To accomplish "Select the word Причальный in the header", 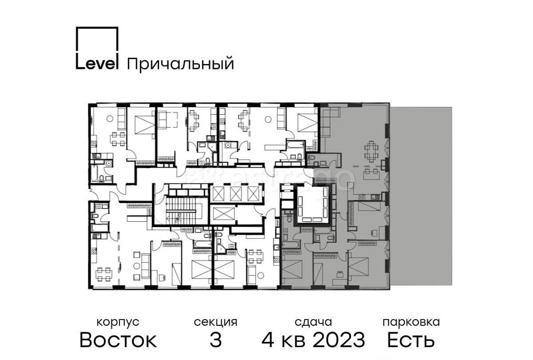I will tap(181, 65).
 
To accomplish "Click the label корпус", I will tap(118, 322).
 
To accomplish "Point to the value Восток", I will tap(118, 340).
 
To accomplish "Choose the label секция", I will tap(215, 322).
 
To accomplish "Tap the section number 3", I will tap(215, 340).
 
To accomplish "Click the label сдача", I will tap(313, 322).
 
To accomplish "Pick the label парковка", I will tap(411, 322).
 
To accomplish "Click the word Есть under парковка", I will tap(411, 340).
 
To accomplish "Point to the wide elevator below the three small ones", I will tap(223, 214).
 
